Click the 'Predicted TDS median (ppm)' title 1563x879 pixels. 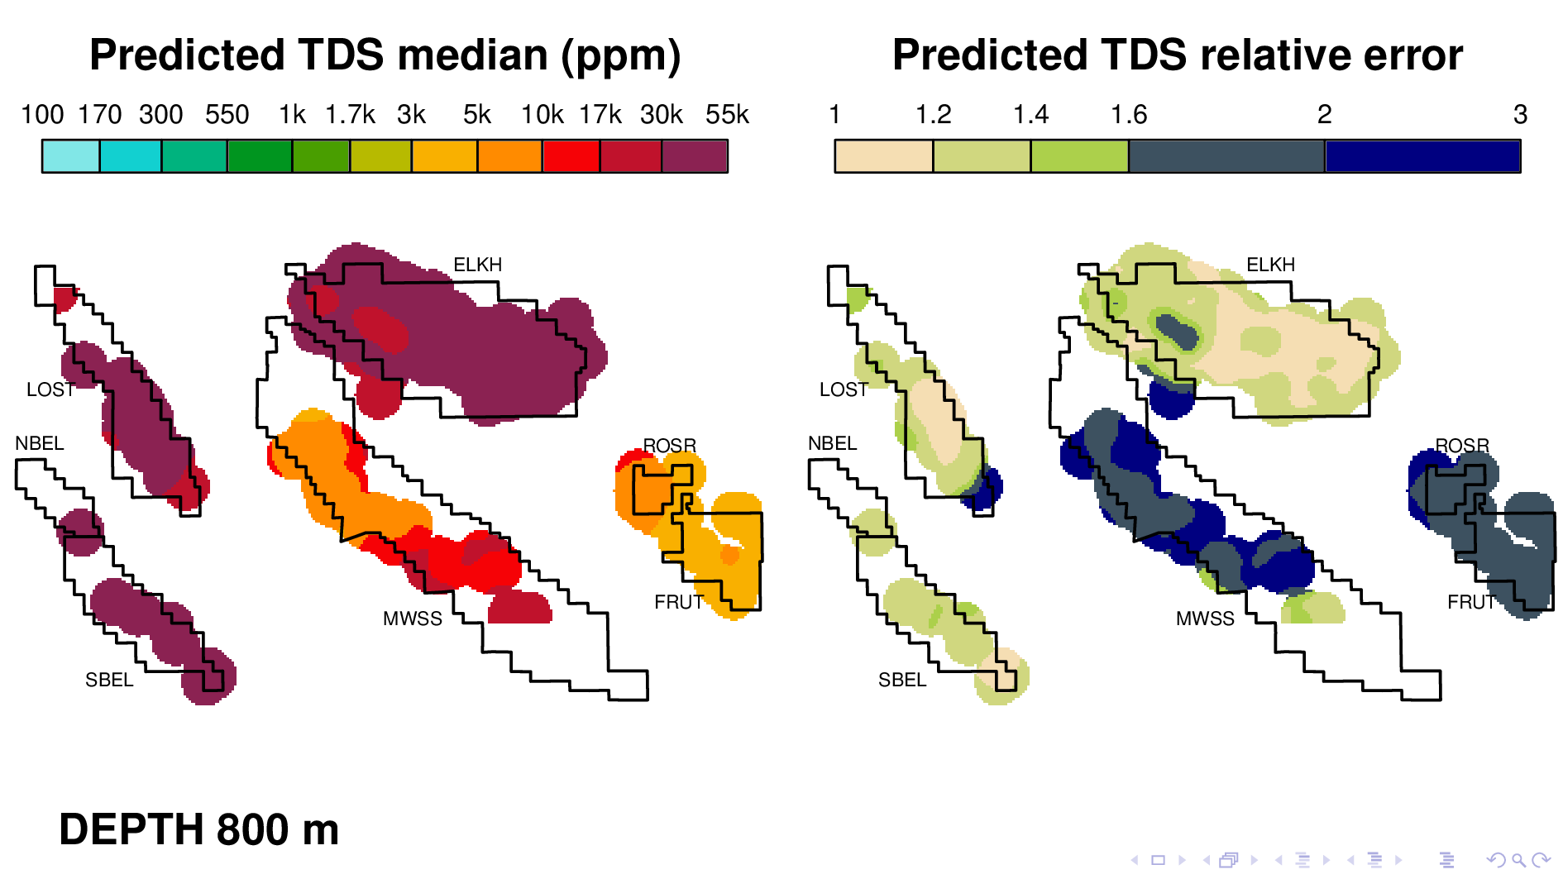tap(385, 55)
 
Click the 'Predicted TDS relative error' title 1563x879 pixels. tap(1177, 55)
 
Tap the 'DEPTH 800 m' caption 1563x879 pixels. tap(198, 829)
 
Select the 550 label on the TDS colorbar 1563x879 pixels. tap(227, 115)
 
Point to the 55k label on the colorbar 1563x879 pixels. tap(727, 115)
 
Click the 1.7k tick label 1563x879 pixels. tap(350, 115)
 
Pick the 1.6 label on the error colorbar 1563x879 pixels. tap(1129, 115)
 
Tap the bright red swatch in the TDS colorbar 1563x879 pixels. tap(571, 156)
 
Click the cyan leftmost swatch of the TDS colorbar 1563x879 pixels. tap(71, 156)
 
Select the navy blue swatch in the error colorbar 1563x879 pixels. tap(1422, 156)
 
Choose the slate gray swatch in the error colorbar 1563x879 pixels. tap(1226, 156)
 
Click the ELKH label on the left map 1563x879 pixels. tap(477, 265)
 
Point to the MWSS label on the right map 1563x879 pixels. tap(1205, 619)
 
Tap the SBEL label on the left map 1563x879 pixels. tap(109, 680)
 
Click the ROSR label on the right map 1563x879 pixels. tap(1462, 446)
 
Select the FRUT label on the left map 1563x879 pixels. tap(678, 602)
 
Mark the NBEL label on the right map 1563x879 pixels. tap(832, 443)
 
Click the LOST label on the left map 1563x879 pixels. tap(50, 389)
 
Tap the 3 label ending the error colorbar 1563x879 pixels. tap(1520, 115)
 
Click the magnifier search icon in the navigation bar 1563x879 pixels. tap(1518, 860)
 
